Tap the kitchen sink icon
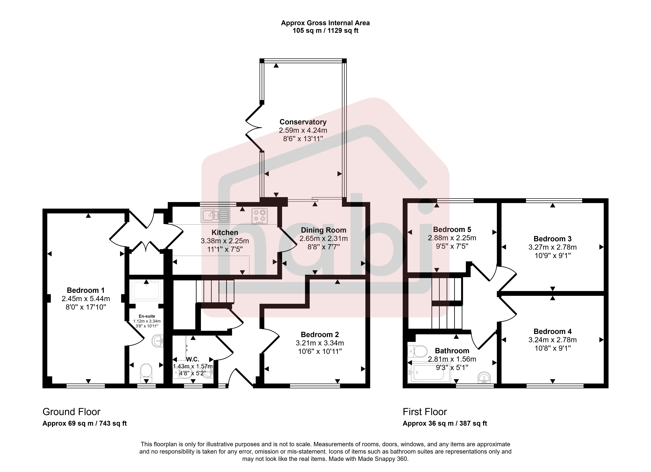(x=215, y=215)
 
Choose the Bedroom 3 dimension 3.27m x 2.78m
(x=553, y=247)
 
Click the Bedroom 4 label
(x=553, y=331)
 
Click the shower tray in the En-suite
(x=146, y=291)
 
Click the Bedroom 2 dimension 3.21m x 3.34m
(x=320, y=343)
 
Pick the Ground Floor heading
(x=71, y=412)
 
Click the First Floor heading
(x=425, y=412)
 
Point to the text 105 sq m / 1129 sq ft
(x=325, y=31)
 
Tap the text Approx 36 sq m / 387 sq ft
(x=445, y=423)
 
